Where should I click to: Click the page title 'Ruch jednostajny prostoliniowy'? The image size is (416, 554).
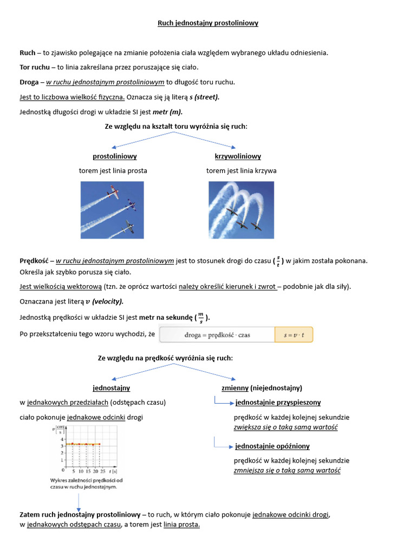(x=208, y=23)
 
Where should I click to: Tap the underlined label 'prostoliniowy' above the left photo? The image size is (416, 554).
(x=115, y=156)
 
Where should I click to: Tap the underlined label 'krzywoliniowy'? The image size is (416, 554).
(x=238, y=156)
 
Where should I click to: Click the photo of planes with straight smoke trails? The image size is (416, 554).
(x=112, y=209)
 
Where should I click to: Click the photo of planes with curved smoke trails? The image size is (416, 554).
(x=241, y=209)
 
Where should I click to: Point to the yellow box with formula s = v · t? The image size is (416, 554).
(x=294, y=335)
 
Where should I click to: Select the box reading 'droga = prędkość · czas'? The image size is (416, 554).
(x=217, y=335)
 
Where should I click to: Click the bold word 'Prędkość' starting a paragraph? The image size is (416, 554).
(x=34, y=261)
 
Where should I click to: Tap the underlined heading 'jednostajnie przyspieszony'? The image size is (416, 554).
(x=278, y=403)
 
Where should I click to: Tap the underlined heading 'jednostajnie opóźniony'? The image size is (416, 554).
(x=272, y=446)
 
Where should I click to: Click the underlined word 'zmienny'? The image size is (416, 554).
(x=235, y=388)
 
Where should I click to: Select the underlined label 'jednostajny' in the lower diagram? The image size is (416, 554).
(x=112, y=388)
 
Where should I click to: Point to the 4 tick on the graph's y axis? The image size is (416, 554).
(x=62, y=439)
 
